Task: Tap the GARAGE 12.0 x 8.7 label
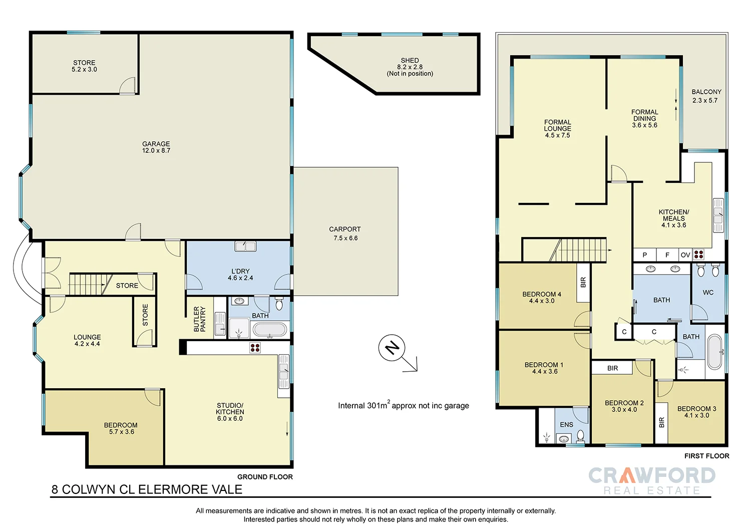point(156,147)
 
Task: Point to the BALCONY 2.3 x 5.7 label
point(706,96)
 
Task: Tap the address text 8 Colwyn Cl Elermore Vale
point(147,489)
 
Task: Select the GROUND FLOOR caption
point(265,477)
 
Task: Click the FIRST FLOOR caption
point(706,456)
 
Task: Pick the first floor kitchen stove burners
point(698,254)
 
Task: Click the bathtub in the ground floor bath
point(270,330)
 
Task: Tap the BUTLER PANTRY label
point(200,319)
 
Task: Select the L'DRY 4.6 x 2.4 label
point(240,275)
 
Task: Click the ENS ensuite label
point(566,425)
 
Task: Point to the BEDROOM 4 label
point(542,298)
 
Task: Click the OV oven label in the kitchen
point(685,255)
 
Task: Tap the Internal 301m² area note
point(403,405)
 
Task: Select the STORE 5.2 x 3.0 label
point(84,66)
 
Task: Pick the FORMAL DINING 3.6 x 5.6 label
point(644,119)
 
